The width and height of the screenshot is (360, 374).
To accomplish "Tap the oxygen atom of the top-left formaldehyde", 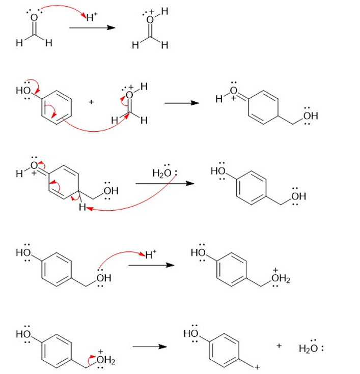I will [x=34, y=18].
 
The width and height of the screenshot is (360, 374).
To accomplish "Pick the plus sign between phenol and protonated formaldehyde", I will [x=91, y=102].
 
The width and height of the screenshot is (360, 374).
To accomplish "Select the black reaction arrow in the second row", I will [x=181, y=103].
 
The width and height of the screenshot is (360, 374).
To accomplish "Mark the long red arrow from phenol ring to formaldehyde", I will [x=97, y=130].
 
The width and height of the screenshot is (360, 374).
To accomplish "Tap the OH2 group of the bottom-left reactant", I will [x=105, y=361].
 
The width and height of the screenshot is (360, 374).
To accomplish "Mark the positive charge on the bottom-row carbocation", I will [x=258, y=366].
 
